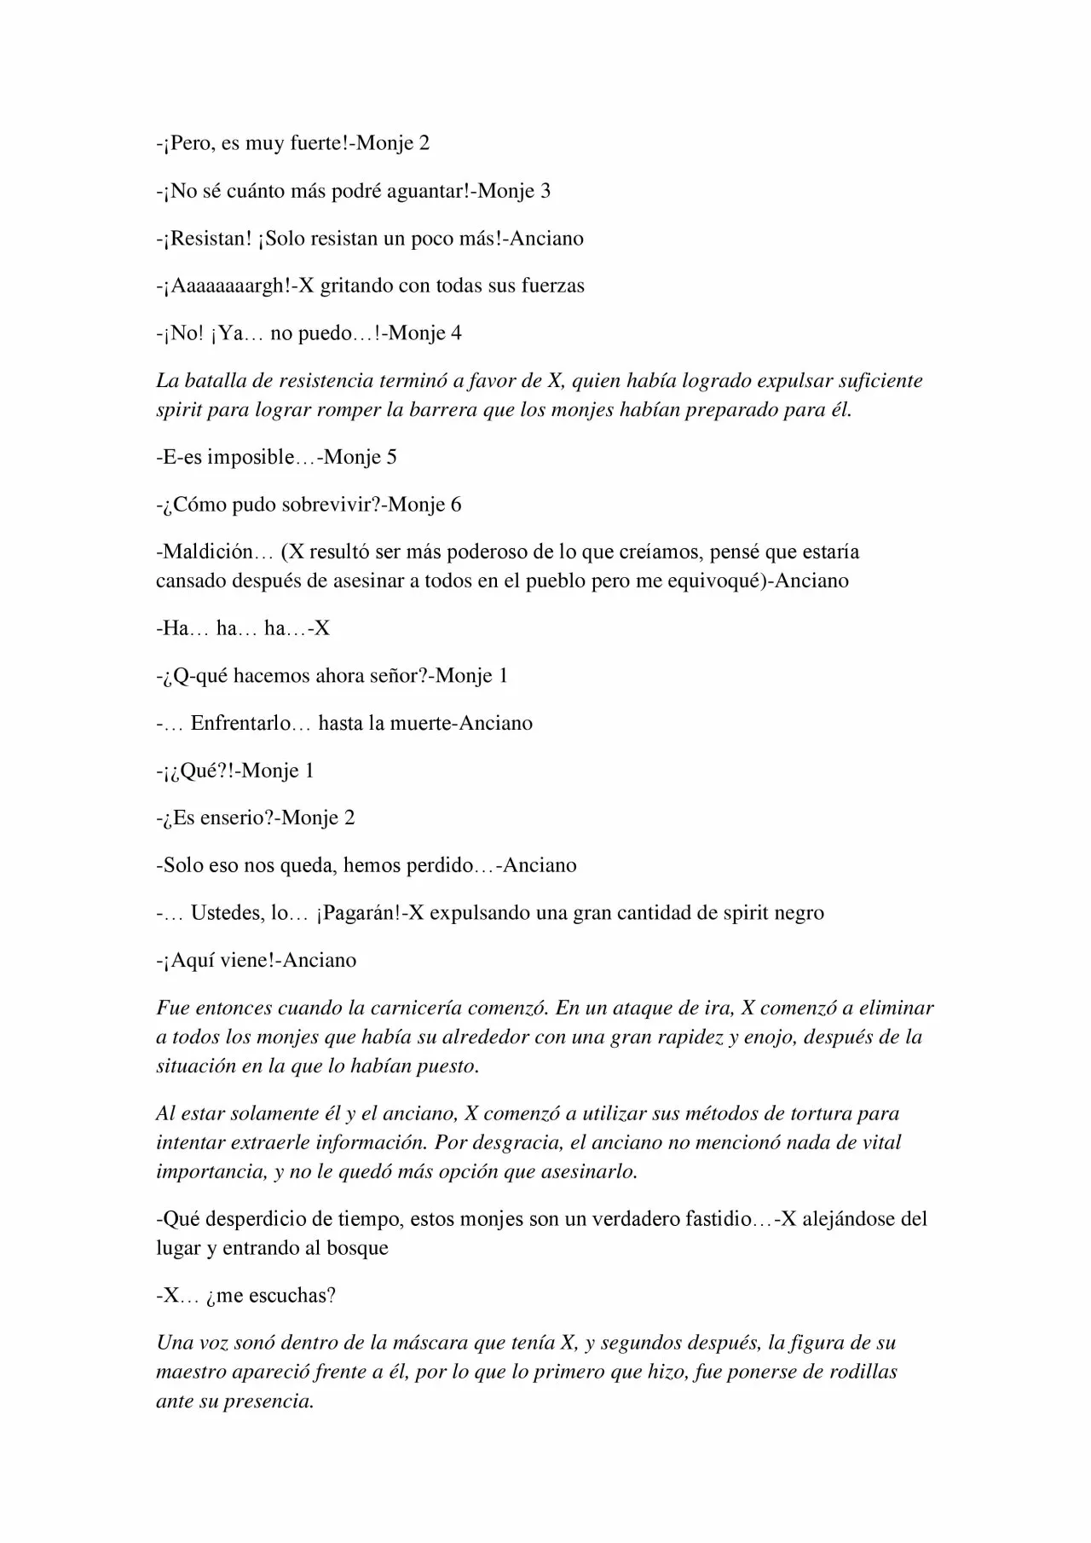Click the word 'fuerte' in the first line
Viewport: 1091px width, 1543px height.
coord(318,143)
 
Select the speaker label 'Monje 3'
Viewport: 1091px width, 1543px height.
coord(514,191)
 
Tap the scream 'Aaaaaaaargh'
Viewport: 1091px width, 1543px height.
coord(230,286)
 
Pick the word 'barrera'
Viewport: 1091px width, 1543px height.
coord(442,410)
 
